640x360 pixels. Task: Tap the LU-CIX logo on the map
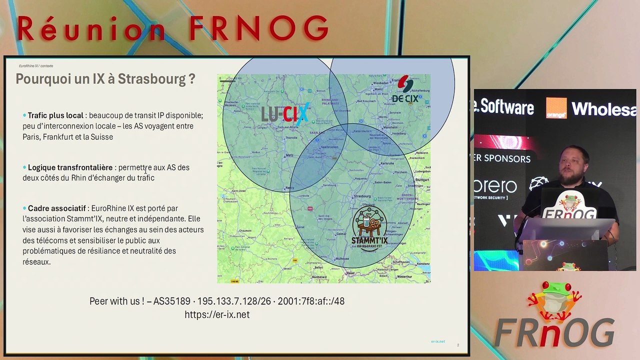tap(285, 114)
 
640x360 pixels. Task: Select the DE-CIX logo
tap(404, 90)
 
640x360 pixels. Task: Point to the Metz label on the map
tap(289, 155)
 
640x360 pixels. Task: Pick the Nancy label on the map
tap(289, 188)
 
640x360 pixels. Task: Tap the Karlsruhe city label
tap(387, 163)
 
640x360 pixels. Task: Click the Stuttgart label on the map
tap(422, 179)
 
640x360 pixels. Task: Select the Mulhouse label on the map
tap(342, 258)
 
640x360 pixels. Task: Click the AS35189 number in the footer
tap(171, 301)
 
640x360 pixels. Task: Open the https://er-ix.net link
tap(217, 314)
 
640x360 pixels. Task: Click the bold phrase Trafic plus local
tap(55, 115)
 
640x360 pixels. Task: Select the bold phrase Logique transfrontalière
tap(70, 167)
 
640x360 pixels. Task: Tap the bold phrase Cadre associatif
tap(56, 208)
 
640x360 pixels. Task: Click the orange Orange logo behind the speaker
tap(556, 108)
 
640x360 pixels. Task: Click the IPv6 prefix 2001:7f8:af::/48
tap(310, 301)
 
